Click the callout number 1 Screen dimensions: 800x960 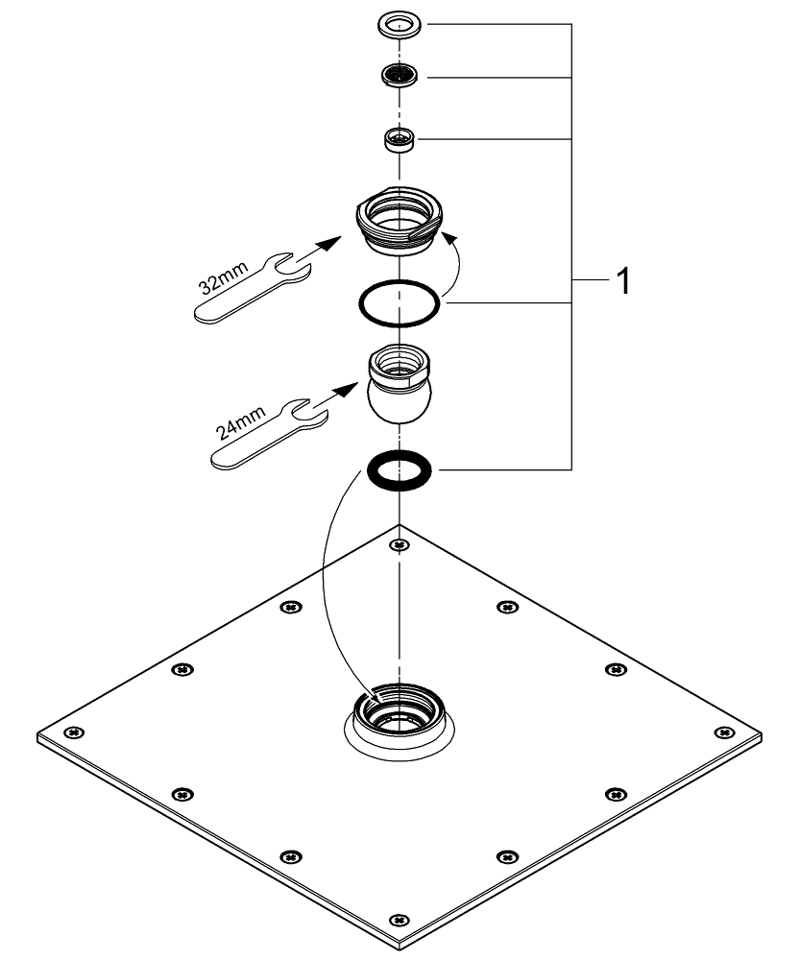623,281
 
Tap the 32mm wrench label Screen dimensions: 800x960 224,277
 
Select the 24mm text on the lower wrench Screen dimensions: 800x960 241,422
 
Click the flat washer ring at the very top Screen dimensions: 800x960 399,25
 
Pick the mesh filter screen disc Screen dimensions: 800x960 399,76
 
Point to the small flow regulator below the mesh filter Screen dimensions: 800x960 400,139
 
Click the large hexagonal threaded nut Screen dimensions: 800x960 400,221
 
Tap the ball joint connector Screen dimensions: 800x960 400,384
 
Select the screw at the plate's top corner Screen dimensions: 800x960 400,544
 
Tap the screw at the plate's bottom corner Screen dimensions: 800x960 400,920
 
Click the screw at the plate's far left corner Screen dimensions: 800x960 75,732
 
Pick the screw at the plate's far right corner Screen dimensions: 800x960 725,732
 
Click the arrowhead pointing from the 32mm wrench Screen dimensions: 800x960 330,242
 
